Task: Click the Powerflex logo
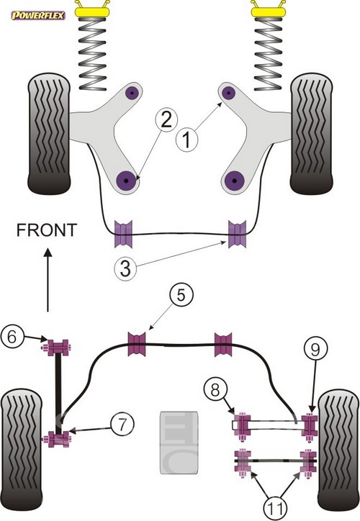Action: coord(38,15)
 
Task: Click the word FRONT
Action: coord(47,230)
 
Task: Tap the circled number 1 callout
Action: coord(186,140)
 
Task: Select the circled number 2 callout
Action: coord(166,119)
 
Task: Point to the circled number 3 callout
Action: coord(125,268)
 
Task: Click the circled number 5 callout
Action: coord(181,295)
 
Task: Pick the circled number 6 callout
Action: coord(12,337)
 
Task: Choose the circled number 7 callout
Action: coord(122,424)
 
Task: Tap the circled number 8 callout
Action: coord(216,390)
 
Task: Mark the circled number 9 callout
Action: coord(315,349)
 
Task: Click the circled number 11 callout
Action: coord(276,508)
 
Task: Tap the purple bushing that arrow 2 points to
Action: coord(127,181)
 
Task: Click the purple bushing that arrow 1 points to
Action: coord(229,93)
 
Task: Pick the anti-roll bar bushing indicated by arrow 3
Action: coord(237,234)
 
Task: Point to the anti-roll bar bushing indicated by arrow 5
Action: coord(137,343)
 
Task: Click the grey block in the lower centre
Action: coord(179,443)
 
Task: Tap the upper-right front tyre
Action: coord(311,134)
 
